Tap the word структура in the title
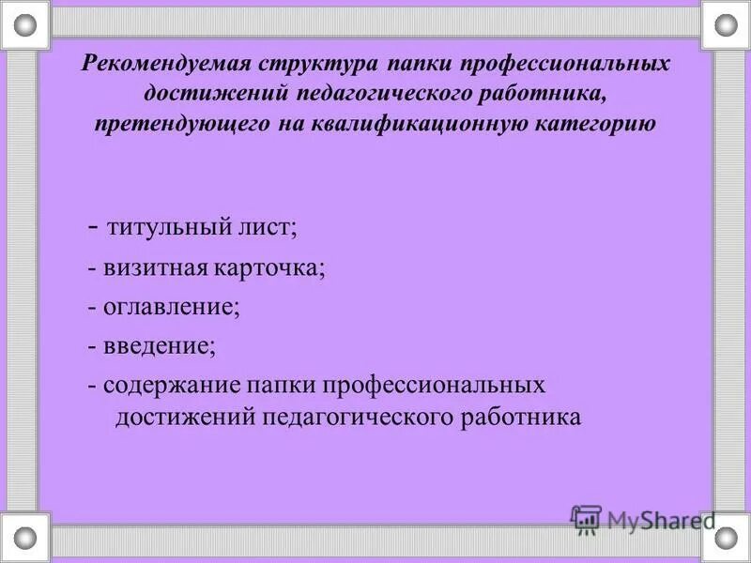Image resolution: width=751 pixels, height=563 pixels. point(307,64)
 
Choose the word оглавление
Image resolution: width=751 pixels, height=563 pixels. point(172,307)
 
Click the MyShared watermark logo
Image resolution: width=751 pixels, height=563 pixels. point(642,519)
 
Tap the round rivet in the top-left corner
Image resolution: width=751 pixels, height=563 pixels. point(24,23)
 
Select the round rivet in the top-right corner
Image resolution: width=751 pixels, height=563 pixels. point(727,23)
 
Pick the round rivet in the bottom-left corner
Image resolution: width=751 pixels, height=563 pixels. point(24,538)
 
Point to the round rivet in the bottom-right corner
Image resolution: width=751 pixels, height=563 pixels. point(727,538)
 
